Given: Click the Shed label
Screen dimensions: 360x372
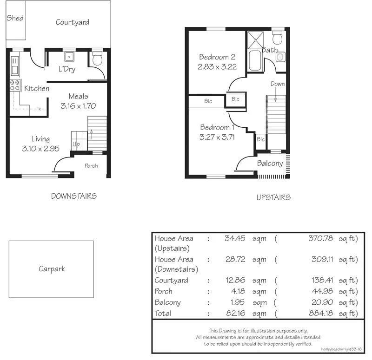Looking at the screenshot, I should (15, 18).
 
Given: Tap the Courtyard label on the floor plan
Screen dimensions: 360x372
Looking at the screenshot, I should (73, 22).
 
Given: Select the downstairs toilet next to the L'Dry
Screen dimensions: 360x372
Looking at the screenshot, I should (98, 59).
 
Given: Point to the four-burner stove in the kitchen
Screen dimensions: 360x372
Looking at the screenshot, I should (15, 85).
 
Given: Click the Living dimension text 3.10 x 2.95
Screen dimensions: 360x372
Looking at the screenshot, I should (41, 148).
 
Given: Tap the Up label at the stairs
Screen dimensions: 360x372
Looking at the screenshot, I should (76, 144).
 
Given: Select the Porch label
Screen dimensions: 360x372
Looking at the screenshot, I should (91, 166).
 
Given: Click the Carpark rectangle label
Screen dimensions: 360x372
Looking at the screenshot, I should (52, 269).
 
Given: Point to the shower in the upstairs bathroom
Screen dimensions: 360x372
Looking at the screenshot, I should (254, 39).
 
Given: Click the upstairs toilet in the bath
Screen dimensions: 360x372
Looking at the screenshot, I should (279, 37).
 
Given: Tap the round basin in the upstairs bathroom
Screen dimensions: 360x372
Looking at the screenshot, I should (280, 57).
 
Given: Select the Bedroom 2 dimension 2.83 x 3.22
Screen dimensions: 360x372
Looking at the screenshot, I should (217, 66).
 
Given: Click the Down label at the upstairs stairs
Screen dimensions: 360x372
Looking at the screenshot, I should (278, 84).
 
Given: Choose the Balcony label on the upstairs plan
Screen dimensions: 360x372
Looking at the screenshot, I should (270, 164).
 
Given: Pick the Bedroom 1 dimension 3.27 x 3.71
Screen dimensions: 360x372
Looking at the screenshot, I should (217, 137).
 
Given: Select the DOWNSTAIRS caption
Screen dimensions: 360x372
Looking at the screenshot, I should (74, 196).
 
